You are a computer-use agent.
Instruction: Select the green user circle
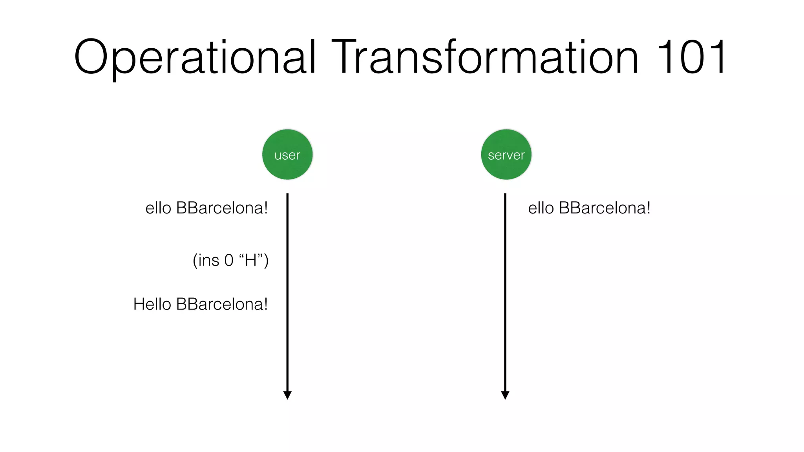pos(287,155)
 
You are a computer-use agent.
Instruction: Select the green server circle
pos(506,155)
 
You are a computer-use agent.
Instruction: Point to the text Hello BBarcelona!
pos(200,304)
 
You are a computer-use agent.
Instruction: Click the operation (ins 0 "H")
pos(230,260)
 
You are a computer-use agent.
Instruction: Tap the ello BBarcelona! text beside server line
pos(589,208)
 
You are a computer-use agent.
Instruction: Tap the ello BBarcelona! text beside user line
pos(206,208)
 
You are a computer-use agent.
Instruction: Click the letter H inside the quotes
pos(250,260)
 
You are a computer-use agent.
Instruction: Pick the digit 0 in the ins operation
pos(228,261)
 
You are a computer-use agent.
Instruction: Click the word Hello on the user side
pos(152,304)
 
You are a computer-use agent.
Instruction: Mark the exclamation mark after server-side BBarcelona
pos(648,208)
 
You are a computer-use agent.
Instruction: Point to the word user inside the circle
pos(287,155)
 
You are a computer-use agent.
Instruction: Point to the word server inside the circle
pos(506,155)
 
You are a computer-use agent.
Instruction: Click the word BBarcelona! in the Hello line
pos(222,304)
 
